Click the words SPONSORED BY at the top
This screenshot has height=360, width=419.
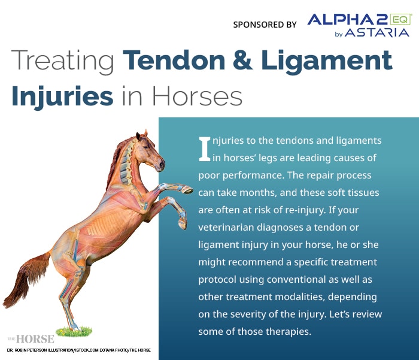tap(265, 25)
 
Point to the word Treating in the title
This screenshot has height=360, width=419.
tap(62, 61)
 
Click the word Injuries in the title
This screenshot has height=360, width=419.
tap(62, 95)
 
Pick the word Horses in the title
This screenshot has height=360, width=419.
tap(197, 95)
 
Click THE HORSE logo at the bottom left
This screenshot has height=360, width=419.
tap(31, 338)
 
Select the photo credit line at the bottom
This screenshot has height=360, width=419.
tap(78, 350)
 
